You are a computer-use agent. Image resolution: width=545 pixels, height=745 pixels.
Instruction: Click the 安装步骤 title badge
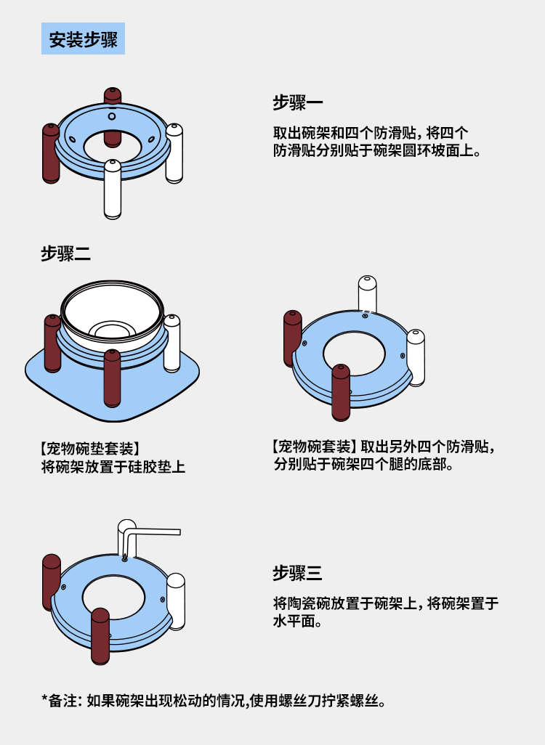[83, 39]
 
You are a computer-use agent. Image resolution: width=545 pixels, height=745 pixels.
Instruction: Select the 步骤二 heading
[65, 253]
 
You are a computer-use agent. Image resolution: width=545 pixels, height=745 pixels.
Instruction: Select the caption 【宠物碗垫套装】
[90, 447]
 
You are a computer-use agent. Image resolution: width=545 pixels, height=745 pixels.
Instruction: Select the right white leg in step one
[174, 152]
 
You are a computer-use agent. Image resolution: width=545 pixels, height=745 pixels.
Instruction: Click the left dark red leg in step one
[50, 152]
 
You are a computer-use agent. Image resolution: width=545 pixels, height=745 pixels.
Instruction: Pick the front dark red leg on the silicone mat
[112, 378]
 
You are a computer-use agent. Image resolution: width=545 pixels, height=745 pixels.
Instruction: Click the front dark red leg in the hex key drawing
[100, 635]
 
